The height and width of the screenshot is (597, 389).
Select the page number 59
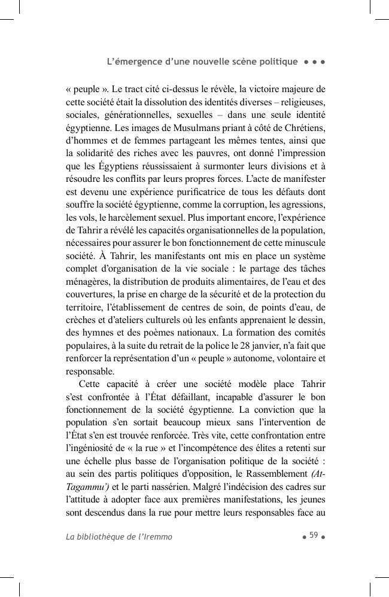(x=313, y=535)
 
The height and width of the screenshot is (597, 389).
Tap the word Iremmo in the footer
(x=158, y=537)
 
